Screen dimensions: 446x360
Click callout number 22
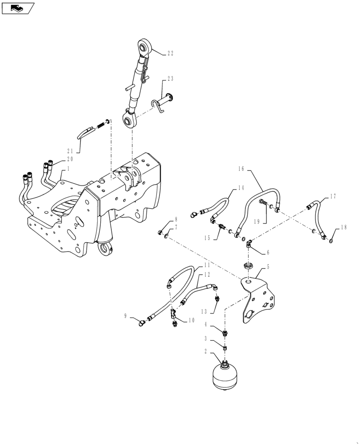pos(171,53)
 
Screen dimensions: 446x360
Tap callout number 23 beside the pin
pos(170,78)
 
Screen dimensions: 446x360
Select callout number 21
pos(70,151)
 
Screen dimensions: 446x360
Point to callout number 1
pos(68,169)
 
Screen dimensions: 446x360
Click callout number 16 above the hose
pos(241,169)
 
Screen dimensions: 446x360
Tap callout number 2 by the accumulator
pos(205,351)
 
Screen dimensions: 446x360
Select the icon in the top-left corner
pos(17,8)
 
